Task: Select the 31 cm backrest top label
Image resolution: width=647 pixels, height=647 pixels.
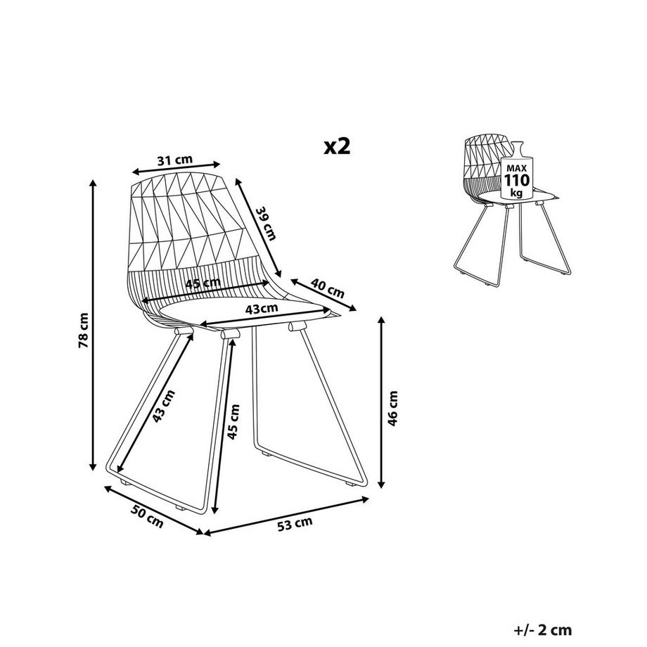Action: (175, 160)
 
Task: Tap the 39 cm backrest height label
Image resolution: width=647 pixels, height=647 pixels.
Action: (266, 224)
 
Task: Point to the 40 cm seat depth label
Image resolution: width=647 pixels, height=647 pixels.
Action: (327, 288)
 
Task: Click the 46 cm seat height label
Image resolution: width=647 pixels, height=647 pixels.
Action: (393, 408)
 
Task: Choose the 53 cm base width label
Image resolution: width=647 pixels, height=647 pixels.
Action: (295, 524)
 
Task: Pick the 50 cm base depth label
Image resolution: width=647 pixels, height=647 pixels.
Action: (147, 516)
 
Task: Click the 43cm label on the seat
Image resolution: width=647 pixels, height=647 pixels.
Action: (262, 309)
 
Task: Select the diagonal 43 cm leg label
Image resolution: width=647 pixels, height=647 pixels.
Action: (164, 406)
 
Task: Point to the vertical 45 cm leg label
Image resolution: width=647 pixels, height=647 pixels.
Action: (233, 421)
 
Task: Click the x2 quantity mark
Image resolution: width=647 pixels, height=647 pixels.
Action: (337, 146)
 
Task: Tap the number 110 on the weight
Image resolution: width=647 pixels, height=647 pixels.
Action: (517, 180)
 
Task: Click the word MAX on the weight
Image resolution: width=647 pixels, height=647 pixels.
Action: (517, 168)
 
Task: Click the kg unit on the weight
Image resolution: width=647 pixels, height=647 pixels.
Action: (516, 193)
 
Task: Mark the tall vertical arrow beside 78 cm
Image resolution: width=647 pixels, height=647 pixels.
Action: (94, 325)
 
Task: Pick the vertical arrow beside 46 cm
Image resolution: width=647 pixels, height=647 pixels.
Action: (382, 403)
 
